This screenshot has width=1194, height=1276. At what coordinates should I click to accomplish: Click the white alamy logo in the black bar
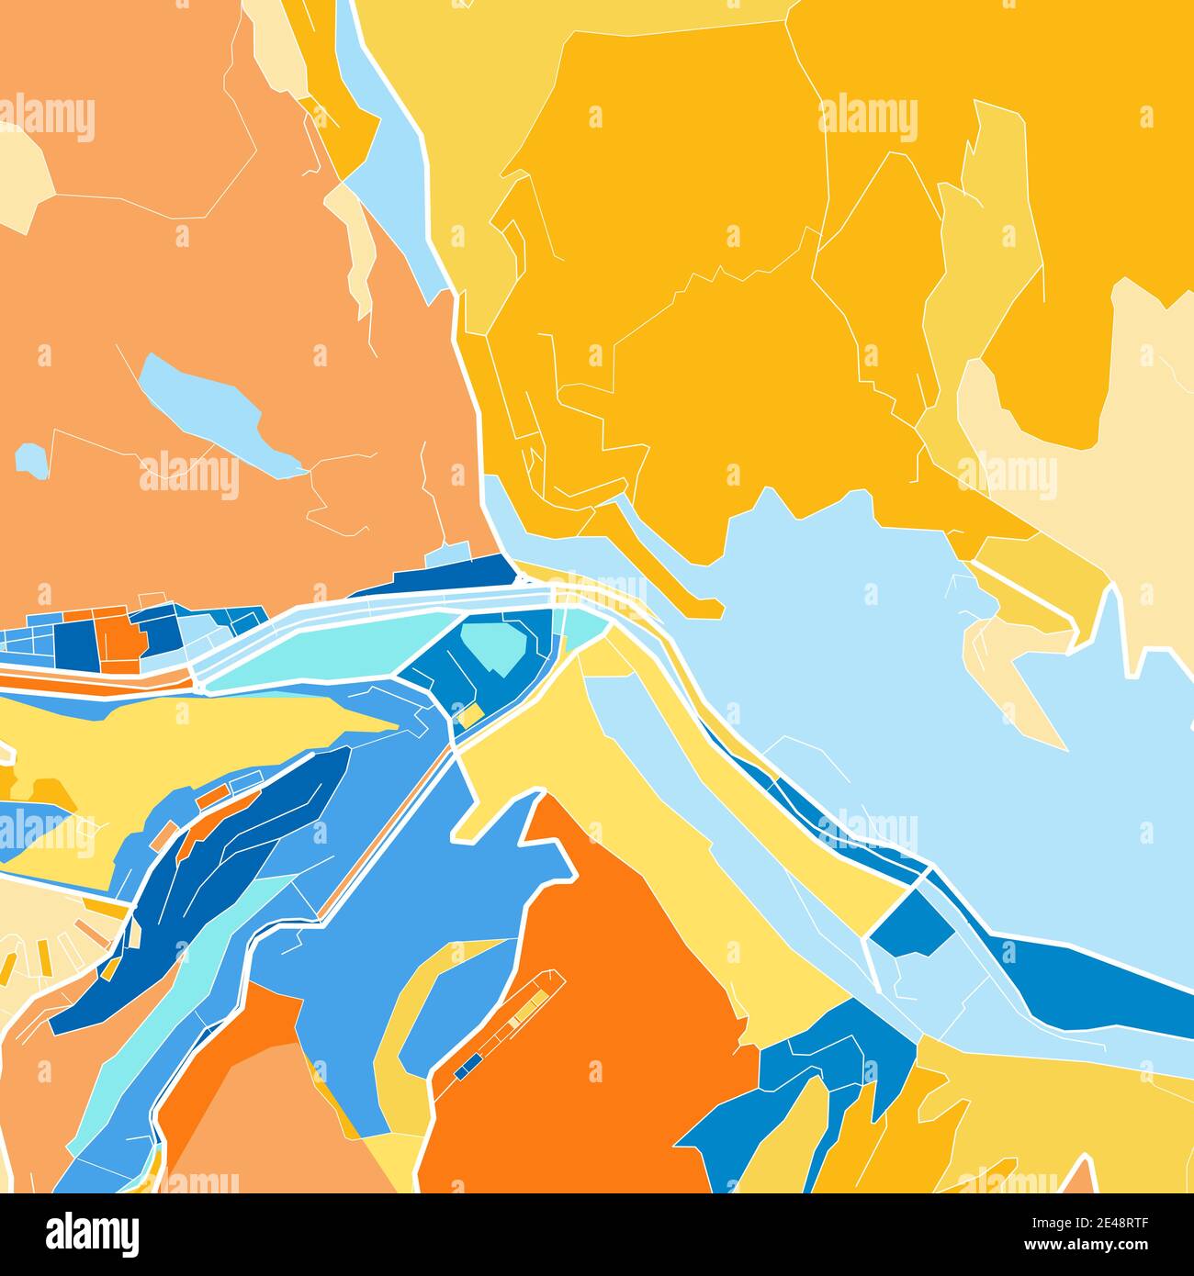click(x=92, y=1233)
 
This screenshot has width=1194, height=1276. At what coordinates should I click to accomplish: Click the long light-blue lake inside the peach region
click(x=211, y=409)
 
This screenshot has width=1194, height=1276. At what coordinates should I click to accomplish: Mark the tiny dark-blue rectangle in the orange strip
click(x=468, y=1064)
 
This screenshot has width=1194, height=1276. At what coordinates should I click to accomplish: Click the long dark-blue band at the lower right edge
click(x=1093, y=982)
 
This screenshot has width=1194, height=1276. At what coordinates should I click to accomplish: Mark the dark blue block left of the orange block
click(x=70, y=643)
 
